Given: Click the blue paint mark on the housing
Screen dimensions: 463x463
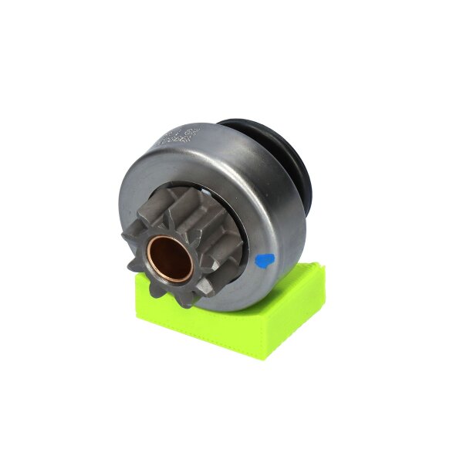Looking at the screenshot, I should coord(263,260).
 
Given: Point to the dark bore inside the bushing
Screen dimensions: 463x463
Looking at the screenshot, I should coord(171,259).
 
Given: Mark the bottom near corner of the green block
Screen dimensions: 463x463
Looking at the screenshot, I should coord(266,357).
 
